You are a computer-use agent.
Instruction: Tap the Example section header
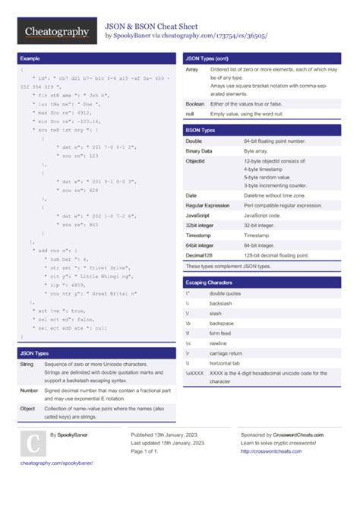pyautogui.click(x=30, y=58)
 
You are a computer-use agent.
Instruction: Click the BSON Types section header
pyautogui.click(x=201, y=130)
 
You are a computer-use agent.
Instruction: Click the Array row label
pyautogui.click(x=192, y=69)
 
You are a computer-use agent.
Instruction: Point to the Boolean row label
pyautogui.click(x=195, y=103)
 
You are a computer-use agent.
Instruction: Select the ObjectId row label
pyautogui.click(x=195, y=162)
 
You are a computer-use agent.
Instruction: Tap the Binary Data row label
pyautogui.click(x=199, y=151)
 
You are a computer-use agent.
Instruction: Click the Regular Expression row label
pyautogui.click(x=207, y=205)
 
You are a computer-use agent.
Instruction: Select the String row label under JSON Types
pyautogui.click(x=27, y=365)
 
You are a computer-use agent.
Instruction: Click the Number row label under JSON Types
pyautogui.click(x=30, y=390)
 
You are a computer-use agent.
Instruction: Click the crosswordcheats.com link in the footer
pyautogui.click(x=271, y=451)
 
